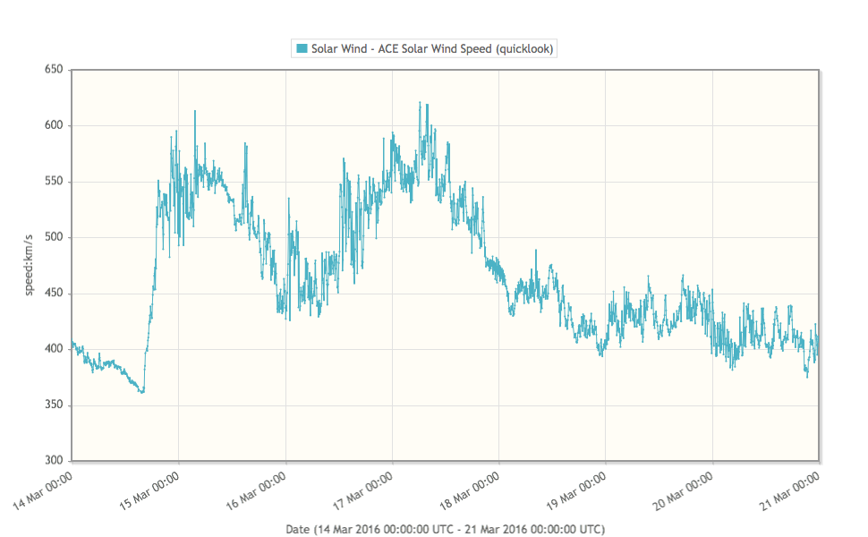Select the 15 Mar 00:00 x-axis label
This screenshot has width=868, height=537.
(x=151, y=490)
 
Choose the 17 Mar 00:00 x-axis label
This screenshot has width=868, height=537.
(x=365, y=490)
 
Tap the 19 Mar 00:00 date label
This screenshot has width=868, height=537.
(x=579, y=490)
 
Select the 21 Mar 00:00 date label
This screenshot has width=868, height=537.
(x=793, y=490)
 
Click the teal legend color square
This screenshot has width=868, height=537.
(x=302, y=48)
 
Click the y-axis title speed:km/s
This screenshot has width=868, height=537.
(x=29, y=265)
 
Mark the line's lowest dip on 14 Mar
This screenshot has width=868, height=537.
(x=141, y=392)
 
